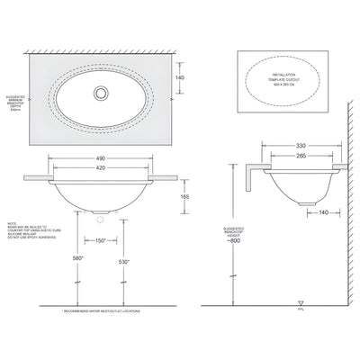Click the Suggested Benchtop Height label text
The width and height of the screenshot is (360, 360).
tap(237, 230)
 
